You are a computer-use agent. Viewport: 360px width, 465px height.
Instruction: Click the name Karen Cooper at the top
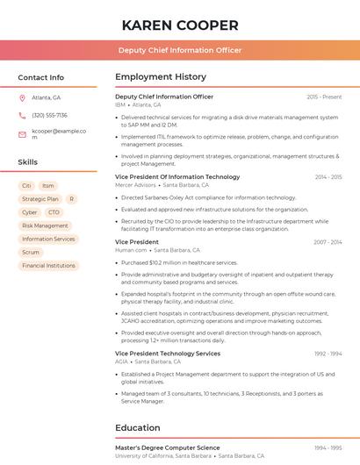pyautogui.click(x=180, y=25)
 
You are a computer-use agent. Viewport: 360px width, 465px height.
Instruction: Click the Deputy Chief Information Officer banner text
pyautogui.click(x=180, y=50)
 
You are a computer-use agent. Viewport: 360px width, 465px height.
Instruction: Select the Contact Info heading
pyautogui.click(x=41, y=77)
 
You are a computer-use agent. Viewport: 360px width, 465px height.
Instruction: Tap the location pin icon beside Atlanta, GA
pyautogui.click(x=22, y=97)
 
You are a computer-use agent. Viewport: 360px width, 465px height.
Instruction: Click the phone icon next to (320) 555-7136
pyautogui.click(x=22, y=115)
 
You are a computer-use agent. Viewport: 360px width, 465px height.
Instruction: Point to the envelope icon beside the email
pyautogui.click(x=22, y=134)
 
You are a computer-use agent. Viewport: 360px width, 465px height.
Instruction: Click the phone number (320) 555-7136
pyautogui.click(x=49, y=115)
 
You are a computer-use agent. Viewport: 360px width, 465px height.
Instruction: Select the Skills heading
pyautogui.click(x=28, y=162)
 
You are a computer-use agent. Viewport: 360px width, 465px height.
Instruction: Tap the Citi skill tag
pyautogui.click(x=26, y=186)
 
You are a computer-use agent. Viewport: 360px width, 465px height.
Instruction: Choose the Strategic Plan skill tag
pyautogui.click(x=40, y=199)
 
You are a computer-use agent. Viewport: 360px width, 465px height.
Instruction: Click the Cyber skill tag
pyautogui.click(x=30, y=212)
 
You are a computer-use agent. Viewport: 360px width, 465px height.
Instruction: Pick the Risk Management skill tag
pyautogui.click(x=45, y=225)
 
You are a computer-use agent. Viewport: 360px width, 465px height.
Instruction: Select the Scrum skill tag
pyautogui.click(x=31, y=252)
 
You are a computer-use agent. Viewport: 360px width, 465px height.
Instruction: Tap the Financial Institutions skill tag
pyautogui.click(x=49, y=265)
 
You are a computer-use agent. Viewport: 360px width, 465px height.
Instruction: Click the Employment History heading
pyautogui.click(x=161, y=77)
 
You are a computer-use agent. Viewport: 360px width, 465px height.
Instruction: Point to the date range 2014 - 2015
pyautogui.click(x=328, y=177)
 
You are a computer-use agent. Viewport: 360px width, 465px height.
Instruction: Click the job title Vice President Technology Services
pyautogui.click(x=168, y=354)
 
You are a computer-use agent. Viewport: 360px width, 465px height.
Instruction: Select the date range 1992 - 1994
pyautogui.click(x=328, y=354)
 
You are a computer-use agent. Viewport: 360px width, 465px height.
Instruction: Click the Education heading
pyautogui.click(x=138, y=428)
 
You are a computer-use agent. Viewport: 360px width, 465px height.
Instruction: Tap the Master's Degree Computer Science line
pyautogui.click(x=168, y=448)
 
